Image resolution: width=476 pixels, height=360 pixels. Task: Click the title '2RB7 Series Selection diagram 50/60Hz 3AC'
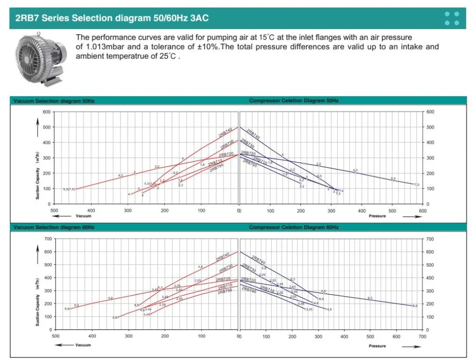pos(112,19)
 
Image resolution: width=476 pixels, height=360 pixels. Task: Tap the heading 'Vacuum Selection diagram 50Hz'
pos(54,101)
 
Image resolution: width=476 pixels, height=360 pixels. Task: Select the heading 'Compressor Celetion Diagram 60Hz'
pos(294,228)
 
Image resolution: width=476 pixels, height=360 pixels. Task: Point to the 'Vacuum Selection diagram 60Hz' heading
pos(54,228)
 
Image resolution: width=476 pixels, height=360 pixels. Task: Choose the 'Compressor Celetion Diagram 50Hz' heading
pos(294,101)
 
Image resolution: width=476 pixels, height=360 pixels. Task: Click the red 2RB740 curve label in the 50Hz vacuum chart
pos(226,132)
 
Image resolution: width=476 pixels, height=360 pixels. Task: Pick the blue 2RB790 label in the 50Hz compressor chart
pos(250,163)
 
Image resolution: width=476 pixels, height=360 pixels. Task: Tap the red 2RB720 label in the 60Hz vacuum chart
pos(223,280)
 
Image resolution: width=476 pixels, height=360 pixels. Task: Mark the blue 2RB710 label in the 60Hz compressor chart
pos(268,289)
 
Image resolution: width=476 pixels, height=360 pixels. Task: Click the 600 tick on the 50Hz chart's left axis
pos(47,112)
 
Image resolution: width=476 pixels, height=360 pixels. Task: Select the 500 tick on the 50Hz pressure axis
pos(392,210)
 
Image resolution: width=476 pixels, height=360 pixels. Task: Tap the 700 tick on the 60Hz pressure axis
pos(422,336)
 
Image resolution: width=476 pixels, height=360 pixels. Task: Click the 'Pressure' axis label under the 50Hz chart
pos(377,216)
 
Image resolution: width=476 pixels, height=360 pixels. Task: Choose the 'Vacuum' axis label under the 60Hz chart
pos(83,345)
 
